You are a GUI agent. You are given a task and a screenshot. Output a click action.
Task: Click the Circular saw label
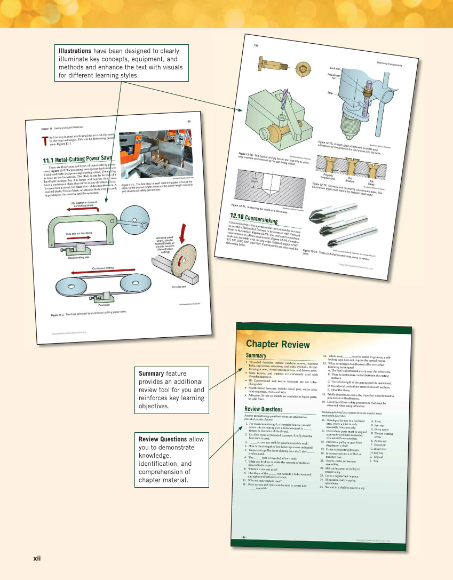pyautogui.click(x=178, y=287)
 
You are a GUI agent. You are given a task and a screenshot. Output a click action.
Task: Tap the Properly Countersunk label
pyautogui.click(x=328, y=175)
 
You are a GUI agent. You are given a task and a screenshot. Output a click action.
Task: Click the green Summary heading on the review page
pyautogui.click(x=256, y=355)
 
